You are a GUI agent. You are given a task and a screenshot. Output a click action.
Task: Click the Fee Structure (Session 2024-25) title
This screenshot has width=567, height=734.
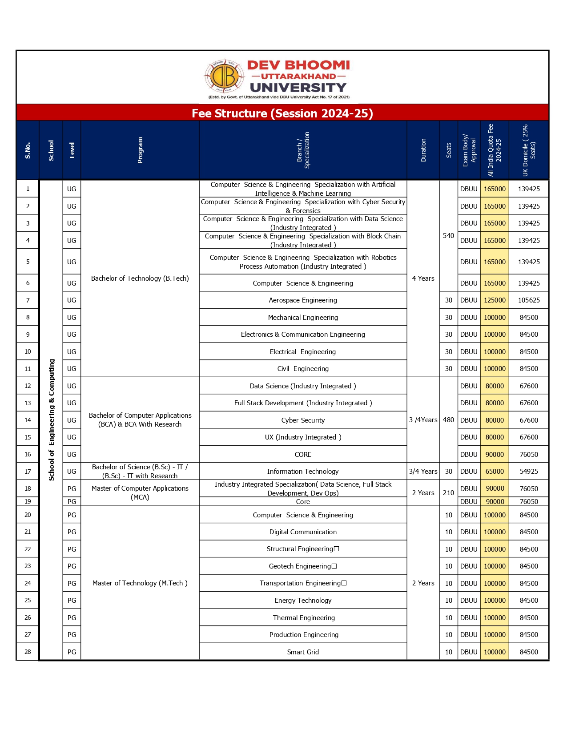pos(282,113)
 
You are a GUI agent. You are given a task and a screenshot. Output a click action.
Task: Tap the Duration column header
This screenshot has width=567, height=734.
pos(423,150)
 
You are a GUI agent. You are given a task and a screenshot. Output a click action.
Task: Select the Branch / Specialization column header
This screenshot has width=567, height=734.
pos(303,150)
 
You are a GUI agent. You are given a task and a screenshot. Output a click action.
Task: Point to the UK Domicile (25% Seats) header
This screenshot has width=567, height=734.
pos(529,150)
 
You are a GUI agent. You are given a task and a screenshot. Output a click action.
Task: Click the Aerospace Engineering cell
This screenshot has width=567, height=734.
pos(303,300)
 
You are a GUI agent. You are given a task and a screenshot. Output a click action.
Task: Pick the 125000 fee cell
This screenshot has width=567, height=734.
pos(495,300)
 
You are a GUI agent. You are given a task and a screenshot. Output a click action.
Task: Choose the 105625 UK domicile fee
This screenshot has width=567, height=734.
pos(529,300)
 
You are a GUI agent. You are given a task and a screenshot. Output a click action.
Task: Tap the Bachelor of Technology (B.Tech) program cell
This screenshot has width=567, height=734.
pos(140,278)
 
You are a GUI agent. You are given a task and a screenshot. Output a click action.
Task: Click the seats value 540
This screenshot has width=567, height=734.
pos(448,236)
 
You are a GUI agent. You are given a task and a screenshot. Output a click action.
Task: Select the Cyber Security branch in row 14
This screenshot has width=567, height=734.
pos(303,420)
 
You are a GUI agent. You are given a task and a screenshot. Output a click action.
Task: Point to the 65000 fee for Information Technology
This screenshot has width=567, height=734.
pos(495,472)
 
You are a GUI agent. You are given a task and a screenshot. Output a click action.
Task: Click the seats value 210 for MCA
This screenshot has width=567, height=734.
pos(448,493)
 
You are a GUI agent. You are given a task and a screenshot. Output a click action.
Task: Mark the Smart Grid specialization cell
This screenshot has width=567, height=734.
pos(303,652)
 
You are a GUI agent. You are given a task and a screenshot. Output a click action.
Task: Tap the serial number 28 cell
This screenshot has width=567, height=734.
pos(28,652)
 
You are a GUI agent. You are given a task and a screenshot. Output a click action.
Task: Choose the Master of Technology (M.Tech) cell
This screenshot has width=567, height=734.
pos(140,583)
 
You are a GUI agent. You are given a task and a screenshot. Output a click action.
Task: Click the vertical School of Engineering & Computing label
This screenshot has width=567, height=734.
pos(51,420)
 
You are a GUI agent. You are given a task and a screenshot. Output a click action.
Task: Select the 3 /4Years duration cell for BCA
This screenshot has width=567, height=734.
pos(423,420)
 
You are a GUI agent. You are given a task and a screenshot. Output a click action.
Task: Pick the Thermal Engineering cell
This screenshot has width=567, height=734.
pos(304,618)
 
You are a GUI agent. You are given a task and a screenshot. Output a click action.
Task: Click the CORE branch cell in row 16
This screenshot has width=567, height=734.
pos(303,455)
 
